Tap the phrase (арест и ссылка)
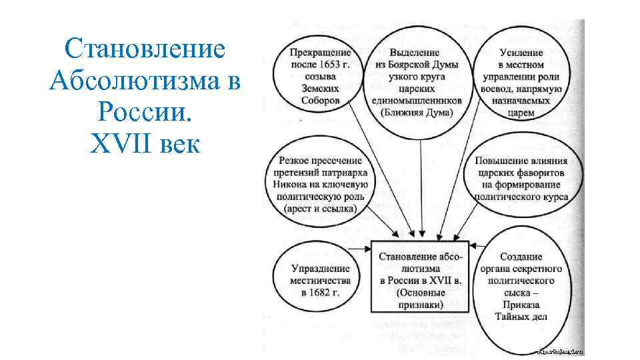(x=319, y=209)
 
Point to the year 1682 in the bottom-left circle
(x=321, y=293)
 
